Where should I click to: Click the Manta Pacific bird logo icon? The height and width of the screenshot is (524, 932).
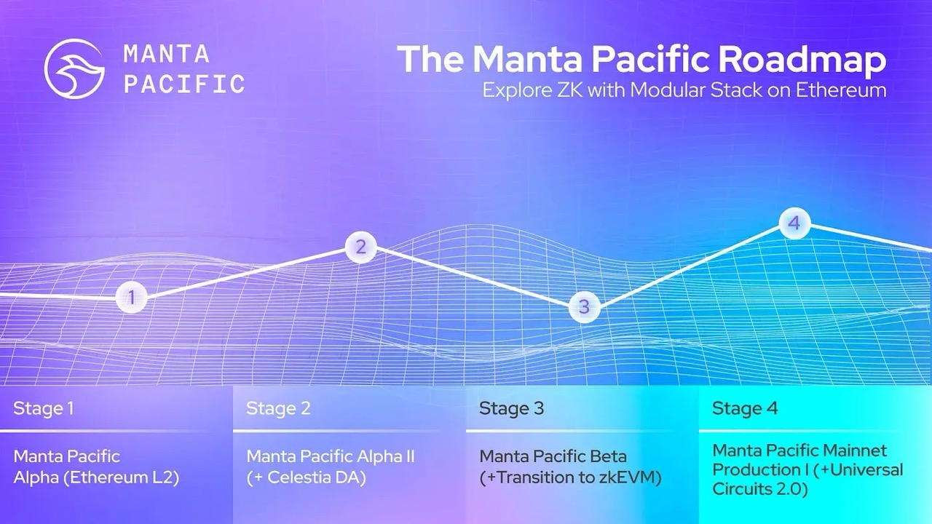[75, 68]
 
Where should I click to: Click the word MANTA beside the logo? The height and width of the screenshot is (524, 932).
[167, 54]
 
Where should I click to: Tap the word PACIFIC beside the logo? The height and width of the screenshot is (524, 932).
[184, 84]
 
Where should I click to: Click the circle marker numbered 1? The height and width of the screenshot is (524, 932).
[131, 297]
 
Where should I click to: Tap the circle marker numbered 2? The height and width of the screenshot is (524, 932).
[360, 248]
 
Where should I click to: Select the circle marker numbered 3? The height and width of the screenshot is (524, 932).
[584, 307]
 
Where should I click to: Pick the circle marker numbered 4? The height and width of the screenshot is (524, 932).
[794, 223]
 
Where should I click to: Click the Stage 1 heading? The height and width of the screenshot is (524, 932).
[43, 408]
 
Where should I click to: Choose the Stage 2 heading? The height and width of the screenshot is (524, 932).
[278, 408]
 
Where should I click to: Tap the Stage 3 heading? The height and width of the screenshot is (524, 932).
[511, 408]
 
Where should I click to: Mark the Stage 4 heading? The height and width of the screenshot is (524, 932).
[745, 408]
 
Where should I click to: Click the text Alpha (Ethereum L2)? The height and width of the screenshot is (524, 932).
[96, 478]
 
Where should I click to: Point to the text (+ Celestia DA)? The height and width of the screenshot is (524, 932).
[306, 478]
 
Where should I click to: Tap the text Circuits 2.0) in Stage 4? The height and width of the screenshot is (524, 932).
[760, 489]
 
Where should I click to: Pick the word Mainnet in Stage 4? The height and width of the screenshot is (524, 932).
[852, 450]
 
